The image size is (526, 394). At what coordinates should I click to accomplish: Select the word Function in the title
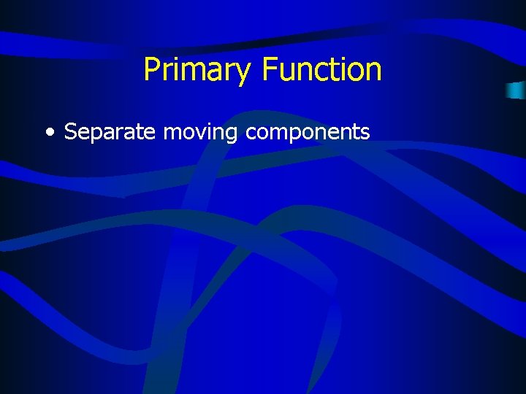pyautogui.click(x=321, y=69)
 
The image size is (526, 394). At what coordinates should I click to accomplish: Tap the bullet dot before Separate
pyautogui.click(x=49, y=133)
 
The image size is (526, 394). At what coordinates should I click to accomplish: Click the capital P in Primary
pyautogui.click(x=151, y=69)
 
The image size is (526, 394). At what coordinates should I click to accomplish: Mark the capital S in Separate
pyautogui.click(x=71, y=132)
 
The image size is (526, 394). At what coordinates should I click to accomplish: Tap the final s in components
pyautogui.click(x=366, y=134)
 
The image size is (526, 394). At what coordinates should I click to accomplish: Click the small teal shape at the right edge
pyautogui.click(x=516, y=90)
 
